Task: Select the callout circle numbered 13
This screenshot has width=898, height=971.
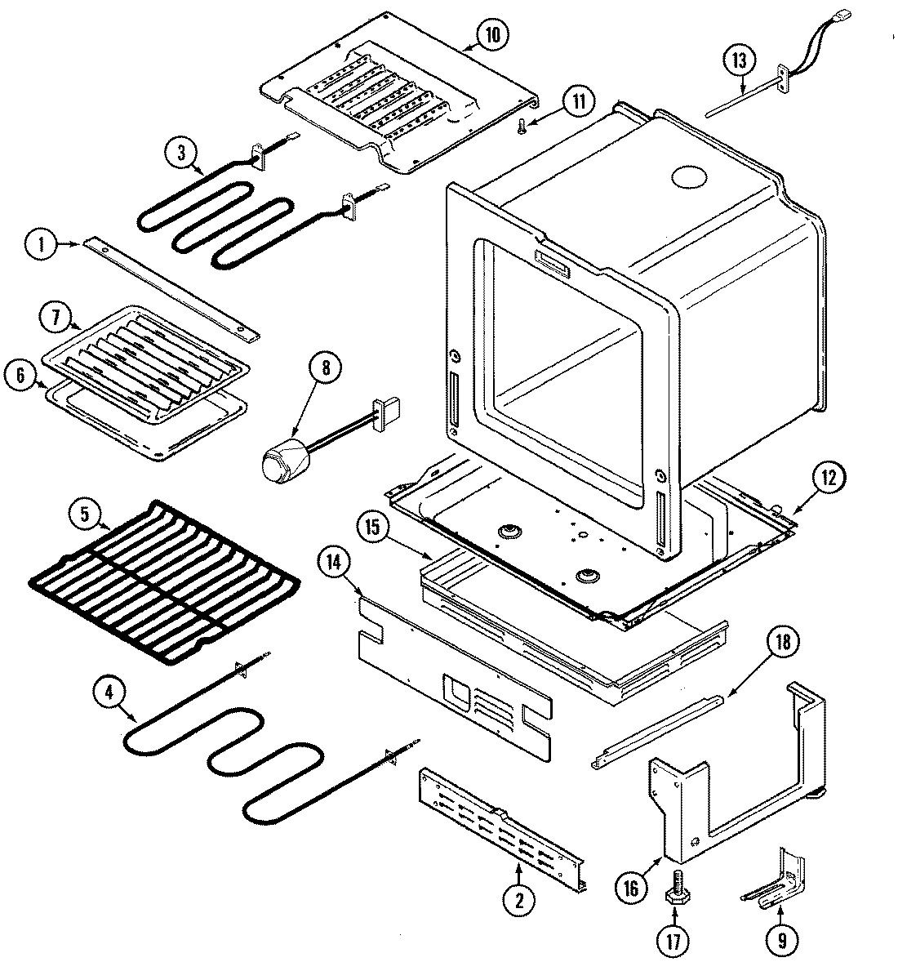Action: coord(739,60)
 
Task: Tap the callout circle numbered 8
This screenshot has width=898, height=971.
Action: coord(325,368)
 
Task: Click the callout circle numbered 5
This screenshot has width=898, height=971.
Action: coord(85,516)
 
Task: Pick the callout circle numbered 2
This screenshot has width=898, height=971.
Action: coord(518,901)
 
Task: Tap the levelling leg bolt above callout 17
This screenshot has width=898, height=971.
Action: coord(677,886)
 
